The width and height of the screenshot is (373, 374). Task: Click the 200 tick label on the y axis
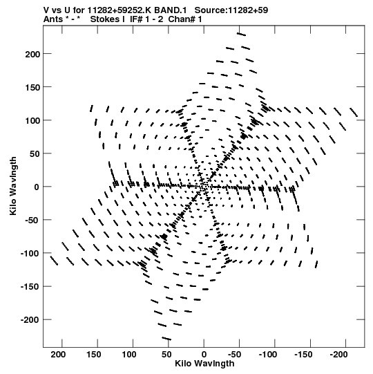[32, 54]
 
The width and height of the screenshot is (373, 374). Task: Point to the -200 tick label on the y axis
[30, 319]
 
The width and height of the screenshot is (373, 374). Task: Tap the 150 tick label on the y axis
[32, 88]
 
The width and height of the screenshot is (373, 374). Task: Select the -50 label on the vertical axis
[32, 220]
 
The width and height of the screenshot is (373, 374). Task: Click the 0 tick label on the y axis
[37, 187]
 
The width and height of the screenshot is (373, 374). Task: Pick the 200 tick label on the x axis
[58, 355]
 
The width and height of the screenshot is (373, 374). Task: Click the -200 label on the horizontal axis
[339, 355]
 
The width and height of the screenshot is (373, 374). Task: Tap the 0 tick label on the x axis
[204, 355]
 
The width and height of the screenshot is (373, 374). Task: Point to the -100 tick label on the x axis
[268, 355]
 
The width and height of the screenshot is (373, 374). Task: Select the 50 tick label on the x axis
[166, 355]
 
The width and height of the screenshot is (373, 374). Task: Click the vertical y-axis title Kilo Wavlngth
[13, 186]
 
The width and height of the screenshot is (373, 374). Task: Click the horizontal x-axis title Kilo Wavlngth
[204, 364]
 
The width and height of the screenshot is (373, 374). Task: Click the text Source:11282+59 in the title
[231, 10]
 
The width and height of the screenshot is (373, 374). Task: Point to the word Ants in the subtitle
[53, 19]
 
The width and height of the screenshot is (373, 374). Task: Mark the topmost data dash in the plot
[241, 35]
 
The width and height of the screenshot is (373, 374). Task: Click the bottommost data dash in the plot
[166, 339]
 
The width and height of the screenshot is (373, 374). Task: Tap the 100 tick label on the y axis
[32, 121]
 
